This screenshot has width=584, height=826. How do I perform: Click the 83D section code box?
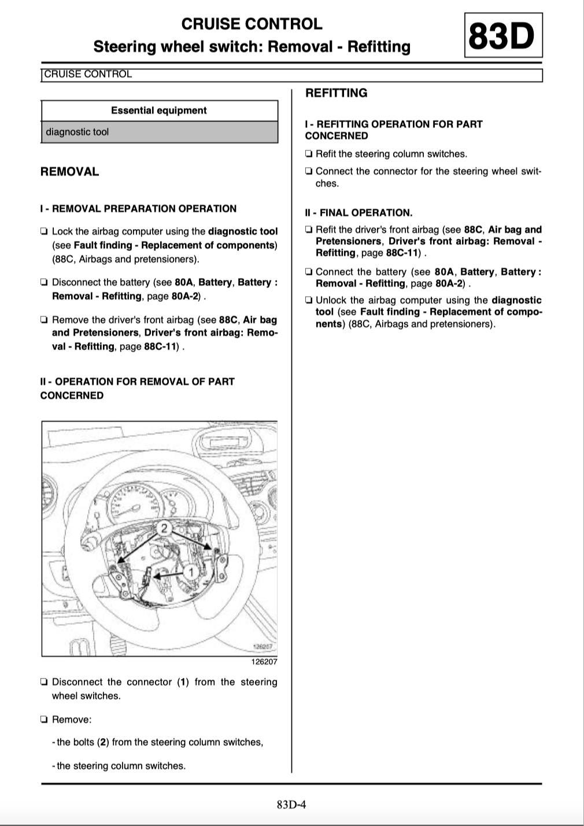coord(502,36)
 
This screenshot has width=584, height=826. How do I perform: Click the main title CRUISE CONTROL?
coord(252,24)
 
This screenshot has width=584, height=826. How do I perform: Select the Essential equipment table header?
coord(159,110)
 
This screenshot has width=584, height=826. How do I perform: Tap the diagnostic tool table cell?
coord(77,132)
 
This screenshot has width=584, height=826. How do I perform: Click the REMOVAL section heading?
coord(69,172)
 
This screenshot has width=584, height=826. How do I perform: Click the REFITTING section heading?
coord(336,93)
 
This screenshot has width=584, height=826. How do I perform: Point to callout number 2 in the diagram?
coord(164,528)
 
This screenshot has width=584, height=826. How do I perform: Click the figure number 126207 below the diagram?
coord(264,662)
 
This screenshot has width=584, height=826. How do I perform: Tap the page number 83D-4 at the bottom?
coord(291,804)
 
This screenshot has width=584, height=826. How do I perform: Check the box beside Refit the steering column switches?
coord(309,154)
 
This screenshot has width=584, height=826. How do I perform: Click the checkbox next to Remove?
coord(45,720)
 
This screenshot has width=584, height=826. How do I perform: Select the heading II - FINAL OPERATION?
coord(358,213)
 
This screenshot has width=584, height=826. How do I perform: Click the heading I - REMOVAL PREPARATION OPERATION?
coord(138,209)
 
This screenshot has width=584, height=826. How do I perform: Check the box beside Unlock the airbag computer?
coord(309,301)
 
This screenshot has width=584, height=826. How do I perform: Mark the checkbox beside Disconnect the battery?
coord(45,283)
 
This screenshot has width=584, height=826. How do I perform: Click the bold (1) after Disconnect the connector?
coord(183,682)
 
